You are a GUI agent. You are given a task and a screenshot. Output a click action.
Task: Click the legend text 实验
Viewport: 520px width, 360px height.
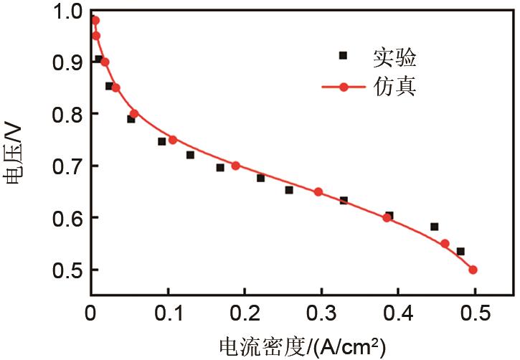pos(394,56)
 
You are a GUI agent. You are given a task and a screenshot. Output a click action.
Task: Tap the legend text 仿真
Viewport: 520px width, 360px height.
pos(394,87)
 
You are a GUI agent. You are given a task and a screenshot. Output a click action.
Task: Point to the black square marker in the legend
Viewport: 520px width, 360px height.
pos(343,55)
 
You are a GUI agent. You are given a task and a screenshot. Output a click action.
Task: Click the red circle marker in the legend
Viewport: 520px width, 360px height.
pos(343,87)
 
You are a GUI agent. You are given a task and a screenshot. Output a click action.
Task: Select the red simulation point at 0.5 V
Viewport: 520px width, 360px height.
pos(473,270)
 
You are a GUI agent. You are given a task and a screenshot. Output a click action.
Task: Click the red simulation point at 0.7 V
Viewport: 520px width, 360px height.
pos(235,166)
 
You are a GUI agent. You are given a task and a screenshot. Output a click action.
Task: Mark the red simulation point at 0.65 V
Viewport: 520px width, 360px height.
pos(318,191)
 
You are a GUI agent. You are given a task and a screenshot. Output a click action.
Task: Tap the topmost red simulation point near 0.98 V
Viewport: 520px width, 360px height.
pos(95,20)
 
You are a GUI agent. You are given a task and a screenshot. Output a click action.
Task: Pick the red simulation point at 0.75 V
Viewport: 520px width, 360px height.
pos(172,140)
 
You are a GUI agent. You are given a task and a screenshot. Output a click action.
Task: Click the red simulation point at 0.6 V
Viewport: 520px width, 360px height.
pos(387,218)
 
